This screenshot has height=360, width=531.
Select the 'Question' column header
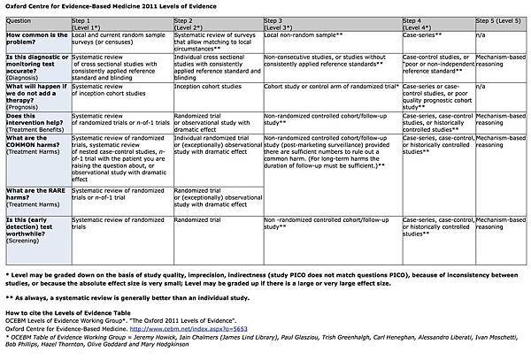pos(20,19)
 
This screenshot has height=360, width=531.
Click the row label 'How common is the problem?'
pos(35,39)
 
